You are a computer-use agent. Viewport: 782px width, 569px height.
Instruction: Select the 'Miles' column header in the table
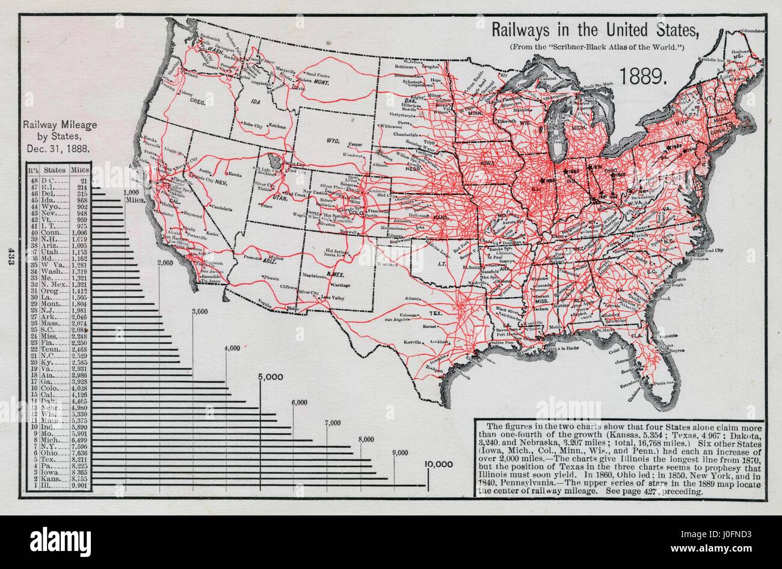tap(81, 170)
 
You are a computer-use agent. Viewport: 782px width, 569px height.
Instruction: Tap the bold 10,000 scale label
tap(442, 464)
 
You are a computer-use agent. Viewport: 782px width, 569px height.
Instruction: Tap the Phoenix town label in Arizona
tap(271, 278)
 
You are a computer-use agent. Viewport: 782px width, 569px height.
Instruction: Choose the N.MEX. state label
tap(336, 274)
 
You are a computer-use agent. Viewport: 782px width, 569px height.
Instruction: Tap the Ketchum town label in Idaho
tap(277, 126)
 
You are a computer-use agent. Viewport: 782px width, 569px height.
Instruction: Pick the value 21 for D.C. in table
tap(83, 180)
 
